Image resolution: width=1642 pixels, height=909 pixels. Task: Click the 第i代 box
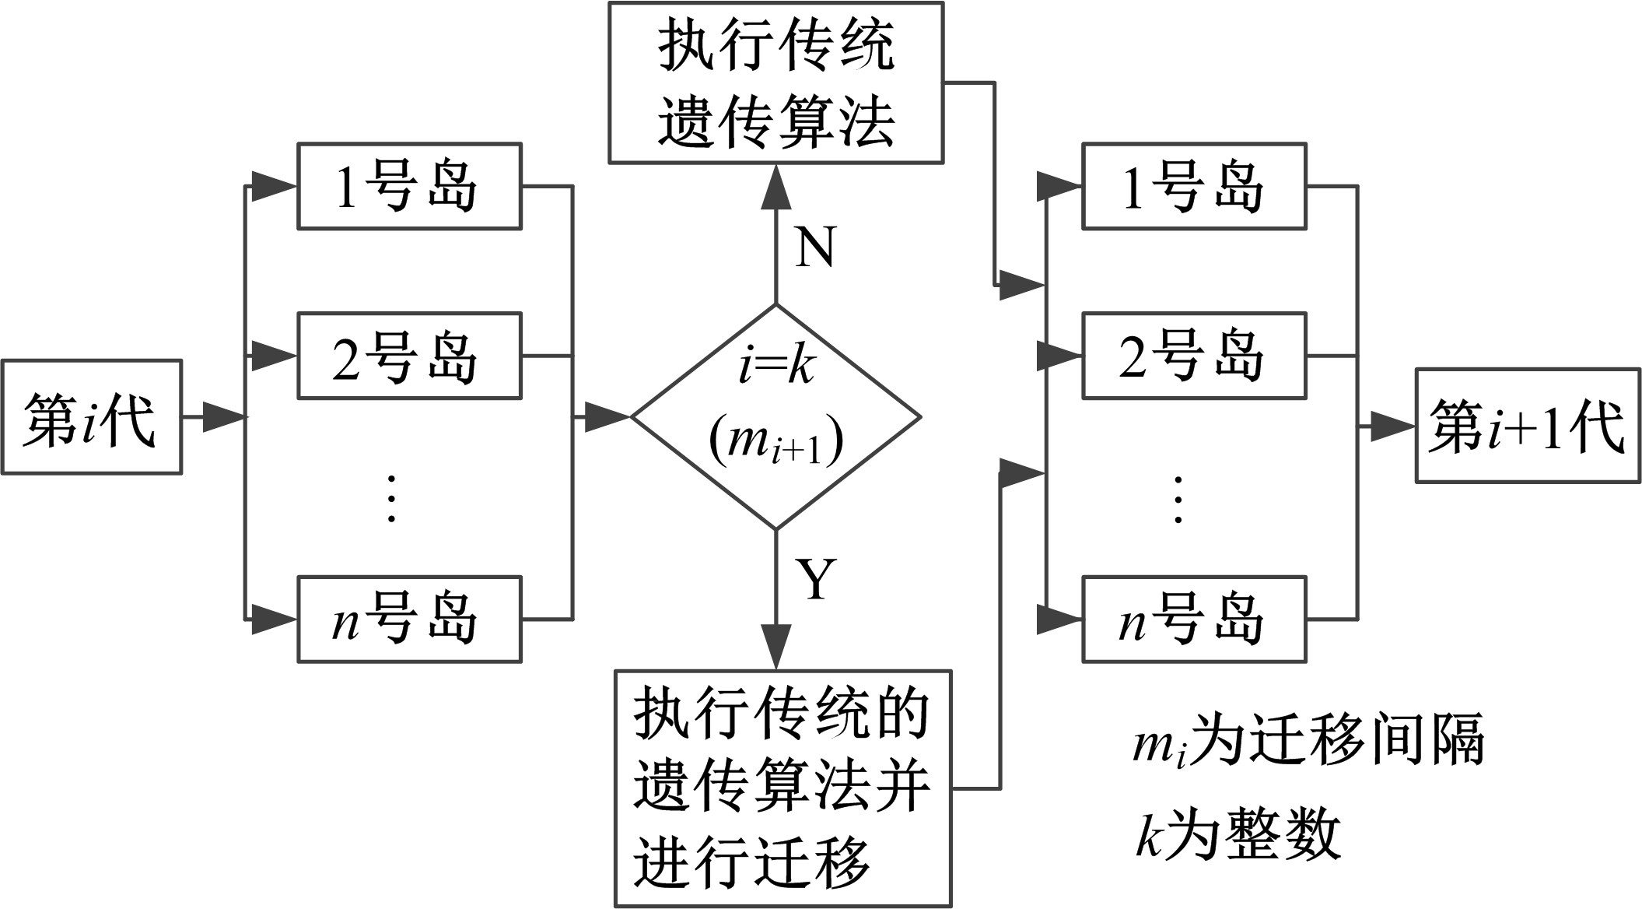point(91,417)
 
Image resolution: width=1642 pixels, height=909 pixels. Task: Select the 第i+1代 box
point(1528,426)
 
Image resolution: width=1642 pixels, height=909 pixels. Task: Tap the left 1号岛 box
point(409,186)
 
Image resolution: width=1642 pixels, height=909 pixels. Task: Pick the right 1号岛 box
point(1194,186)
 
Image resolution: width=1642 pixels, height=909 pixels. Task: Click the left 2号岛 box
point(409,356)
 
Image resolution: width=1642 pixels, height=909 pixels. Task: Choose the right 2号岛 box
point(1194,356)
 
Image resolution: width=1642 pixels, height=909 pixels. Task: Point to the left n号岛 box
point(409,619)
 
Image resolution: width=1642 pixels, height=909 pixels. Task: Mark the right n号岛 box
point(1194,619)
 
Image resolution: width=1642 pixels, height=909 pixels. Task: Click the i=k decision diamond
point(775,417)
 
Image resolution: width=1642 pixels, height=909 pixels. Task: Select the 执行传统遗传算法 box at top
point(775,82)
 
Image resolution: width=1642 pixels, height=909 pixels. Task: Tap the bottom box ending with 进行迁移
point(782,788)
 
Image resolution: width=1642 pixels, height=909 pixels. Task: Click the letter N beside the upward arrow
point(815,247)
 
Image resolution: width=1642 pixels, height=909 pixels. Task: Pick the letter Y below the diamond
point(816,580)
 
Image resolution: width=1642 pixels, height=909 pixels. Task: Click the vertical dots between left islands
point(391,498)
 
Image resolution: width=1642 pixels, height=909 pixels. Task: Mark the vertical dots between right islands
point(1178,498)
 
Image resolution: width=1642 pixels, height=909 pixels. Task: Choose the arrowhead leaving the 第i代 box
point(224,417)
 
